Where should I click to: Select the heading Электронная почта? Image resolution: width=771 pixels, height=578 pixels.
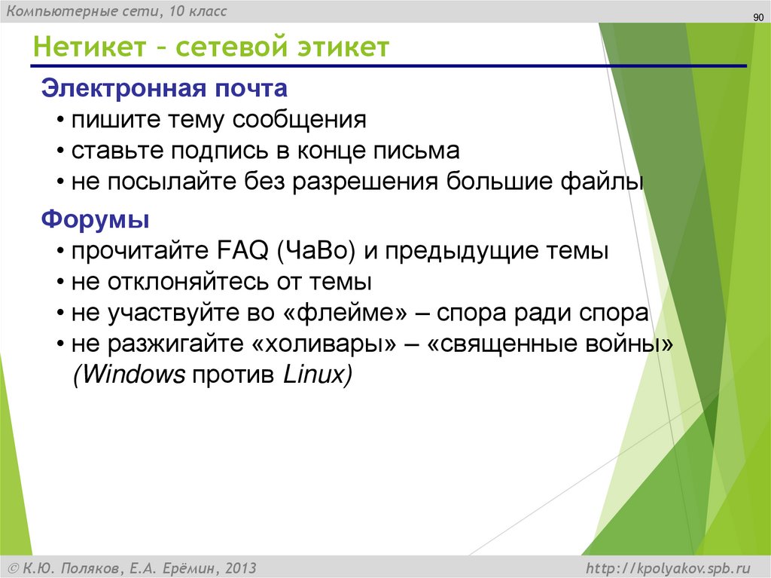click(x=164, y=88)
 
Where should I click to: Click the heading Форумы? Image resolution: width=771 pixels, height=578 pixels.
click(x=95, y=220)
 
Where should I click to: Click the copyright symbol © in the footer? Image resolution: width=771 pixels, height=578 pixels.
click(x=13, y=567)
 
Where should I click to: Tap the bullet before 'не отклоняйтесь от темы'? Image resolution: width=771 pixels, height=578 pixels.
click(x=60, y=283)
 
